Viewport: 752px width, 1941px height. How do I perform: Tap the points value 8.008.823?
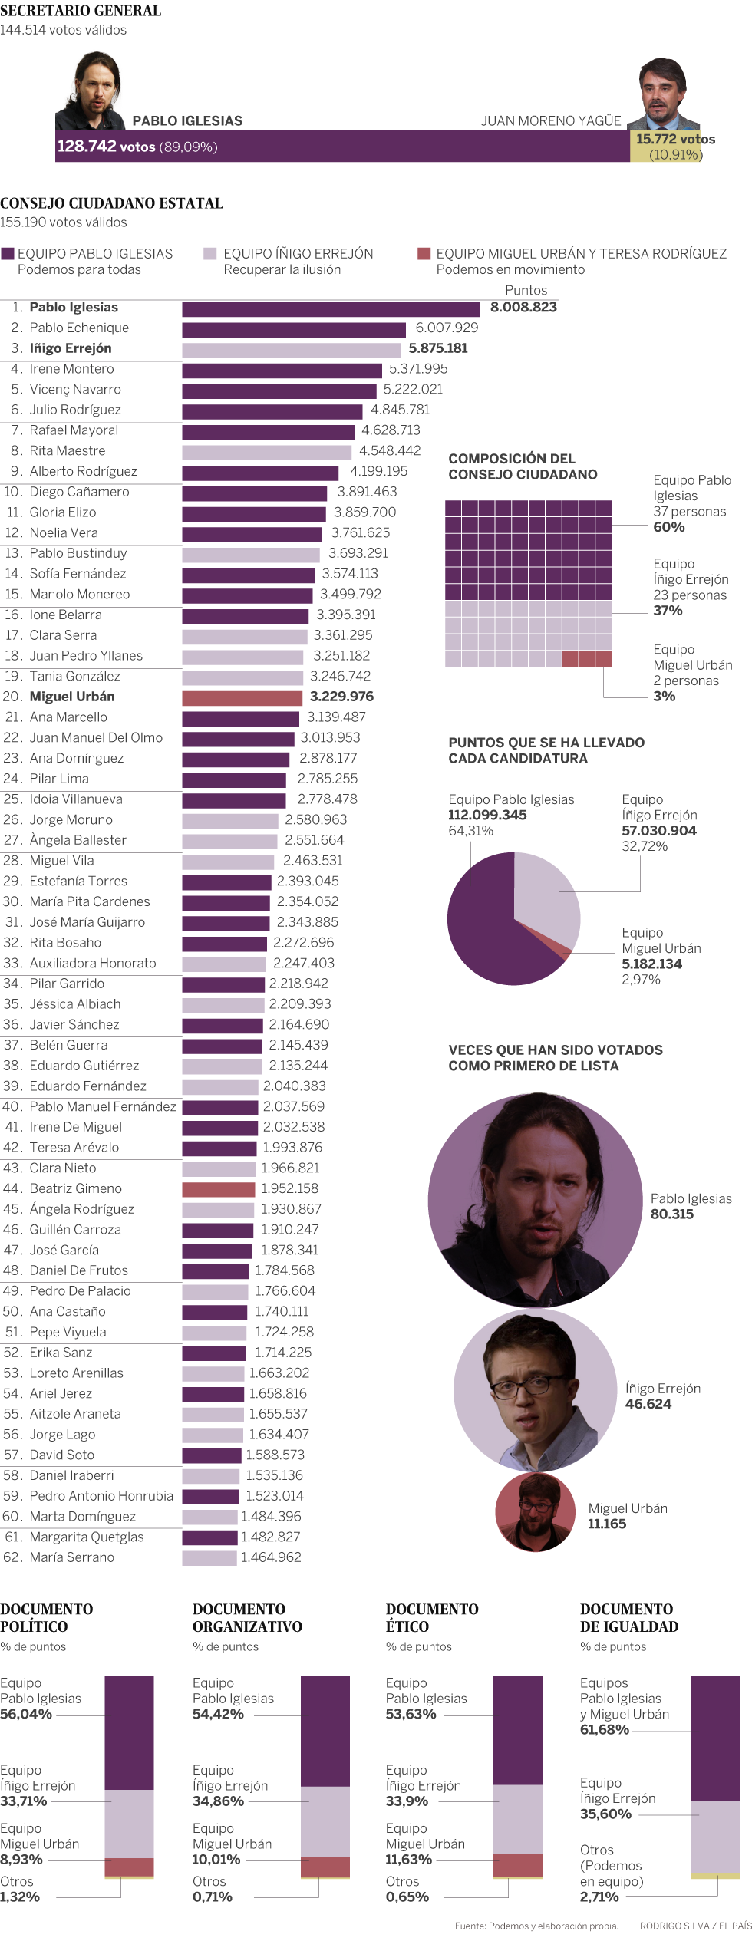523,308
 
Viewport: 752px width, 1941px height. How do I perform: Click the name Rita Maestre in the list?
68,451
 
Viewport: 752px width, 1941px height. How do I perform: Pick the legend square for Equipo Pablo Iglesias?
8,254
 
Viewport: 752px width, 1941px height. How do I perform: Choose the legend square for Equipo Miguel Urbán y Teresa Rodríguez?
424,254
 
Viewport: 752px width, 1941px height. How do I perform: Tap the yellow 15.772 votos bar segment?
666,147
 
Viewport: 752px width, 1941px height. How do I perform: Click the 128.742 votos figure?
106,147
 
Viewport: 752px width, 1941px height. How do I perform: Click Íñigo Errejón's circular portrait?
535,1389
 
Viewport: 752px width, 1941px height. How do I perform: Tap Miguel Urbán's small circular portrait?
535,1512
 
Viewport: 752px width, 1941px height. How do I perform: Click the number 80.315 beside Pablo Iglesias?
671,1214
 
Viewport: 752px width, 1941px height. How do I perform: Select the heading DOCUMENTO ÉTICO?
431,1618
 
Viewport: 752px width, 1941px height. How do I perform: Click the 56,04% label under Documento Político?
26,1714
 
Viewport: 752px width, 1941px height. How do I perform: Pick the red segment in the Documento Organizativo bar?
325,1867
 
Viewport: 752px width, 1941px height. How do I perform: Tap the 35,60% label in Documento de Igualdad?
605,1814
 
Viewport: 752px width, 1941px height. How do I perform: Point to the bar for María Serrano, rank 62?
209,1558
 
